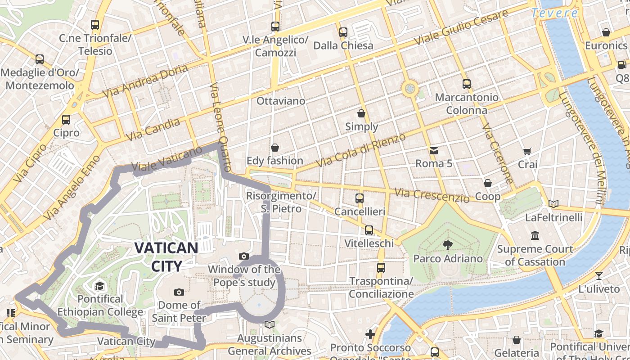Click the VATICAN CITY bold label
pos(166,256)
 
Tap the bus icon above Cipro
pos(66,120)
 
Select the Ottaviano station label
pos(281,101)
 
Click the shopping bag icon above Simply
pos(361,113)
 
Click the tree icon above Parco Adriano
pos(447,245)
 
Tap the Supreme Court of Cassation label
pos(535,255)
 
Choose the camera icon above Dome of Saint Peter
pos(179,292)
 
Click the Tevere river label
pos(554,13)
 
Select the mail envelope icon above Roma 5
pos(433,151)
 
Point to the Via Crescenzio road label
pos(432,195)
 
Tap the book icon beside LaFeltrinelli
pos(553,204)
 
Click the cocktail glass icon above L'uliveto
pos(598,275)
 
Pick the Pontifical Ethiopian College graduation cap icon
pos(99,286)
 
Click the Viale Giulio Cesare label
pos(461,27)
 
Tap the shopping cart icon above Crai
pos(527,152)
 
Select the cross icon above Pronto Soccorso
pos(370,334)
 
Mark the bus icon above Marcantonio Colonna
pos(466,84)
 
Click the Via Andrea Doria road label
pos(145,81)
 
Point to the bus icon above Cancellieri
pos(359,198)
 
